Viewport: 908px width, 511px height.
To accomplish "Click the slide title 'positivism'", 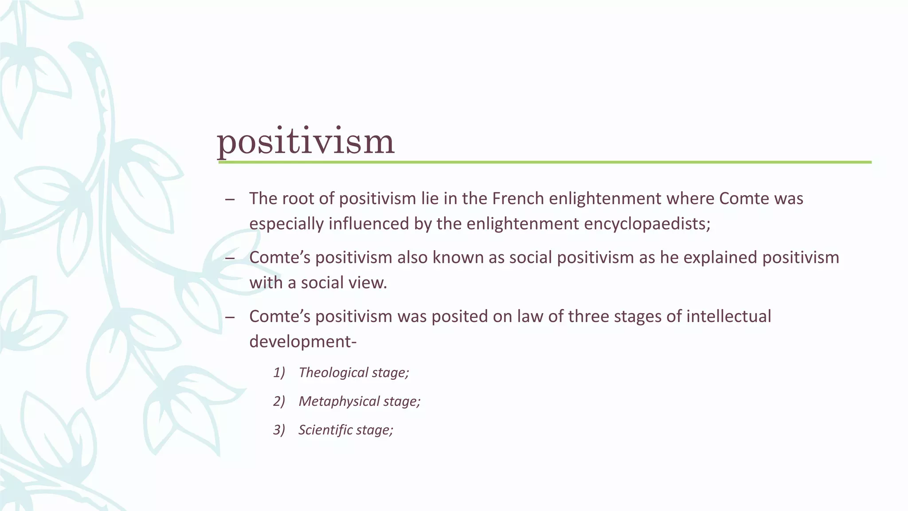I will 305,142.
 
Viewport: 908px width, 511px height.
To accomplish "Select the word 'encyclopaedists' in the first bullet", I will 647,224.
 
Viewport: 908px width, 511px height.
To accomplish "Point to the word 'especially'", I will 286,224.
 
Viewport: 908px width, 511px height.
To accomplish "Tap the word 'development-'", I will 303,342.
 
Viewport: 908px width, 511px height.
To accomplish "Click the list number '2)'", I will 279,401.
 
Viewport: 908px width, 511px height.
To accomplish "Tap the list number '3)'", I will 279,430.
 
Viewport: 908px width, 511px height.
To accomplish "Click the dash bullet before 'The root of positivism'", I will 230,199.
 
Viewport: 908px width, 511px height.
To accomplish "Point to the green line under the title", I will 544,162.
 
